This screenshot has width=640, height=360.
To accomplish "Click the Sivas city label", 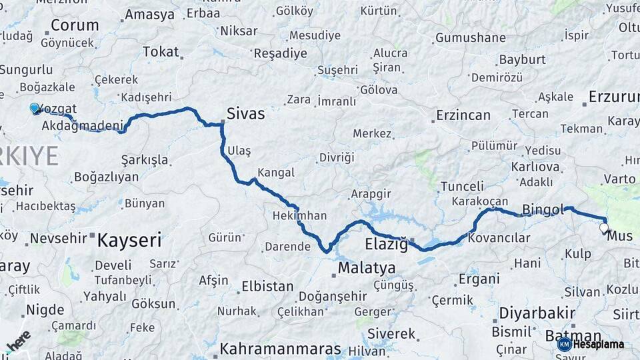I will [245, 114].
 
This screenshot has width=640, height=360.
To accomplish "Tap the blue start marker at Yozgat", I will [35, 108].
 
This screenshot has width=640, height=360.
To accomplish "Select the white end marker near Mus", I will [604, 229].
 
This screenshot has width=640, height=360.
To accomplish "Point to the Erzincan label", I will [463, 115].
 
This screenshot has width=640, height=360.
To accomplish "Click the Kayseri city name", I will [129, 240].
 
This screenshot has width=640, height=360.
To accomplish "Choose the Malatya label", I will [366, 268].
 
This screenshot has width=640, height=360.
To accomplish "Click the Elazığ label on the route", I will [386, 244].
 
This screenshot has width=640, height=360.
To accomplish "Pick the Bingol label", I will [543, 209].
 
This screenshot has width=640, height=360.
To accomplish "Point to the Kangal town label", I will [275, 173].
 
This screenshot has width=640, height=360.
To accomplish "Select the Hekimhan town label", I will [299, 215].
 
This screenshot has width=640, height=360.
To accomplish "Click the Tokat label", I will [161, 52].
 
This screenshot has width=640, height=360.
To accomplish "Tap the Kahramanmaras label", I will [280, 349].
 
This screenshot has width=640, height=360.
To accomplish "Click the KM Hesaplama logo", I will [591, 344].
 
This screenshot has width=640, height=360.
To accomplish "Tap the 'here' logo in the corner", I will [18, 341].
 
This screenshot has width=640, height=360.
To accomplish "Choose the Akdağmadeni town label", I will [83, 125].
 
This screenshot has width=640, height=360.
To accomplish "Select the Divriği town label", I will [337, 157].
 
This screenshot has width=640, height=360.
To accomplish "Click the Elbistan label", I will [267, 287].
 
